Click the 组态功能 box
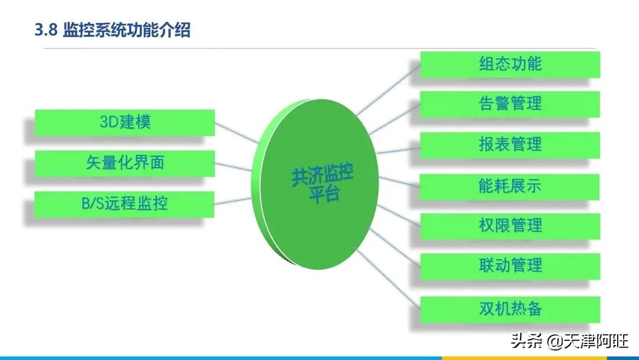(510, 65)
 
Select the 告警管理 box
(510, 104)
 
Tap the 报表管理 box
(510, 144)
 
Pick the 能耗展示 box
(510, 187)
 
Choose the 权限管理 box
(510, 226)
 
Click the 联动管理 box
(510, 266)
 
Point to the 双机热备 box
(510, 310)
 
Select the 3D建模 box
(125, 123)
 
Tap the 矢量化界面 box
(125, 163)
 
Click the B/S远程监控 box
(124, 204)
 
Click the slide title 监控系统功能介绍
(127, 30)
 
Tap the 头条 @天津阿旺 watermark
(569, 340)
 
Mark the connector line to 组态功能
(388, 89)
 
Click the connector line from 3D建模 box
(236, 133)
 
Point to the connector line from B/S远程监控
(233, 201)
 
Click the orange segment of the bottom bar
(524, 358)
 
